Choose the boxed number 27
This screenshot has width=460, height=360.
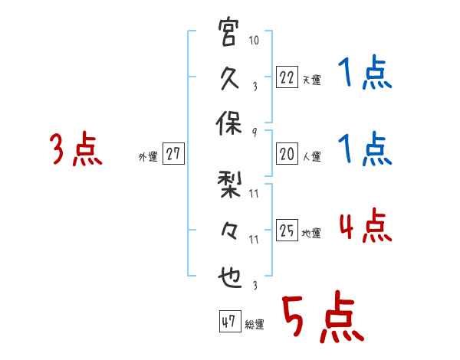coord(173,155)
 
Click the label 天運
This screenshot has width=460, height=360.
coord(311,79)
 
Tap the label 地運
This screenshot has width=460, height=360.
coord(311,233)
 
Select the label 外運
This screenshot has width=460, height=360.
coord(147,157)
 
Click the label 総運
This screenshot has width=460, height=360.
coord(255,324)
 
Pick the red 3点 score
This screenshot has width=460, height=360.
coord(77,149)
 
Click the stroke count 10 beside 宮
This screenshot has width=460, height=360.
coord(254,38)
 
